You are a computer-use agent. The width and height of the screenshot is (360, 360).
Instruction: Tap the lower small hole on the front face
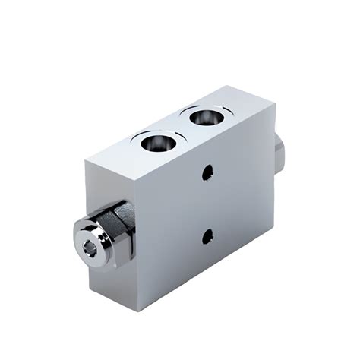point(207,237)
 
